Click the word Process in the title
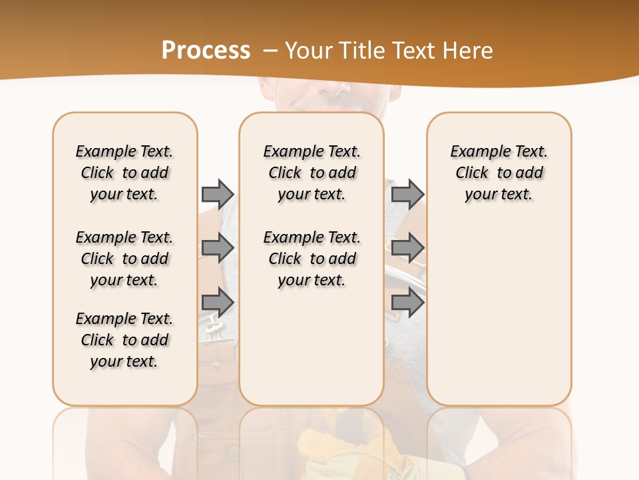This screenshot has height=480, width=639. pyautogui.click(x=206, y=51)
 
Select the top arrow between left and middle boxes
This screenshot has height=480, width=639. pyautogui.click(x=218, y=194)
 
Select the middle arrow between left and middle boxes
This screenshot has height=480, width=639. pyautogui.click(x=218, y=248)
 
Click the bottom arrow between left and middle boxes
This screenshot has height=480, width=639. pyautogui.click(x=218, y=303)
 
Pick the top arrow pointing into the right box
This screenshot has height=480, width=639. pyautogui.click(x=407, y=194)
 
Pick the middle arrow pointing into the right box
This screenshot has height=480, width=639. pyautogui.click(x=407, y=248)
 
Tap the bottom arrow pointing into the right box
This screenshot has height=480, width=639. pyautogui.click(x=407, y=303)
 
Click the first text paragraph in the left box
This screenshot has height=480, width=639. pyautogui.click(x=124, y=173)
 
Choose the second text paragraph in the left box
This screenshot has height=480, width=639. pyautogui.click(x=124, y=259)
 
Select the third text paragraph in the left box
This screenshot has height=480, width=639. pyautogui.click(x=124, y=340)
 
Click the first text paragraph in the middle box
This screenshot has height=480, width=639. pyautogui.click(x=312, y=173)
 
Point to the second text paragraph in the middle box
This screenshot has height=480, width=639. pyautogui.click(x=312, y=259)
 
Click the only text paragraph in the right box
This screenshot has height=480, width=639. pyautogui.click(x=499, y=173)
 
